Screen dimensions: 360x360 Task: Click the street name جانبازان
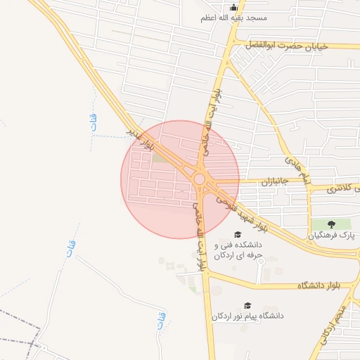257,181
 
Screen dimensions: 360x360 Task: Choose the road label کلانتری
344,188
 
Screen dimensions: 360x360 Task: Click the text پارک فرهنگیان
333,236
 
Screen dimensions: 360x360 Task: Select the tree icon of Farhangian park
333,224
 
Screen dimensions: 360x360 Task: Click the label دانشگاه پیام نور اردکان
247,316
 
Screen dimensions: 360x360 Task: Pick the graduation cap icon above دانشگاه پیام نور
247,305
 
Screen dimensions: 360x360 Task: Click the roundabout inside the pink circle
200,180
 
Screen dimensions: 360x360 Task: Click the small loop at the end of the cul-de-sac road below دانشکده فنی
260,262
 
